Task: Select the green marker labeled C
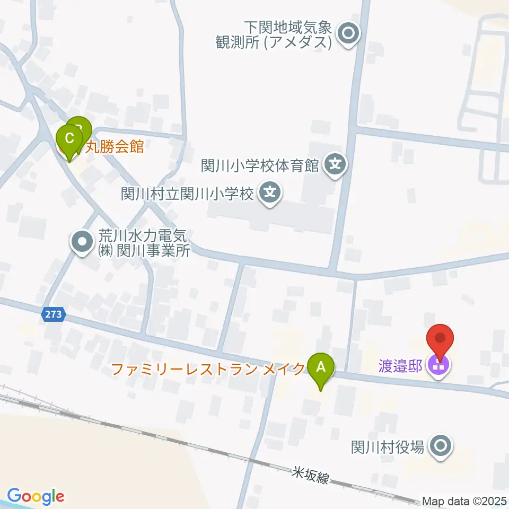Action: tap(69, 139)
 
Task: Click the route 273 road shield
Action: tap(54, 314)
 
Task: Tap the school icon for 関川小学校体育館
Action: tap(335, 165)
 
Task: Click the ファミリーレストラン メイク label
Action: tap(208, 368)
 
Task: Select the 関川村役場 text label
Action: tap(388, 447)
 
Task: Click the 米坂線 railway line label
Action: tap(312, 475)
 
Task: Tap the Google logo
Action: tap(36, 497)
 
